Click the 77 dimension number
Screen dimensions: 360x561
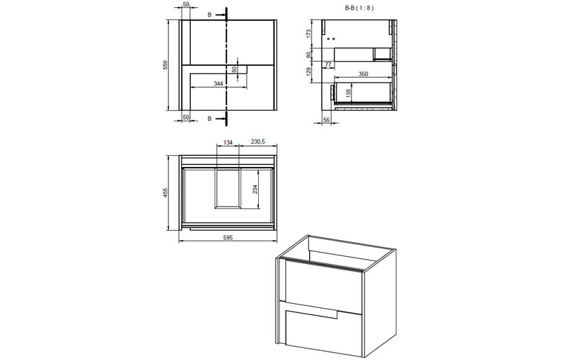click(328, 65)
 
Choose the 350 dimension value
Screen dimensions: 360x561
click(363, 73)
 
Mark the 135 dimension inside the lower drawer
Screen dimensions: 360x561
click(349, 91)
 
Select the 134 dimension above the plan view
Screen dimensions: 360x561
click(228, 142)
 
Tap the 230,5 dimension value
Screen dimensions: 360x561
click(257, 142)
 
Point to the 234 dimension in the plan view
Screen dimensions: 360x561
click(255, 189)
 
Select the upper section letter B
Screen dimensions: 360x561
click(209, 14)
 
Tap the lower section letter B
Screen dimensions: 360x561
click(209, 119)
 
